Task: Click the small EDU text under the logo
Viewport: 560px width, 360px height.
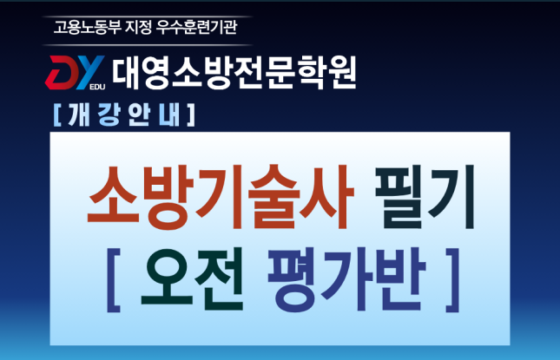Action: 97,87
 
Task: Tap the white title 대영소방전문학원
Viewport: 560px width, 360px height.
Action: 234,73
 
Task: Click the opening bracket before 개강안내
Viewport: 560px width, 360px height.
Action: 57,115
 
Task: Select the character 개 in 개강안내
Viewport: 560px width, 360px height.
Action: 78,115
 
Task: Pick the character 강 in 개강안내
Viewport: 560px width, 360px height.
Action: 109,115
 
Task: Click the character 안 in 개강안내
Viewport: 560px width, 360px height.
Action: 138,115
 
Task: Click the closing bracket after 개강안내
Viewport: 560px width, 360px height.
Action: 191,115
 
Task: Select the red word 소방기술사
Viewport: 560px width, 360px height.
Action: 221,197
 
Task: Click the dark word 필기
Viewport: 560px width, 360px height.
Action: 425,197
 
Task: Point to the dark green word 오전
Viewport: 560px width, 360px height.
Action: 193,279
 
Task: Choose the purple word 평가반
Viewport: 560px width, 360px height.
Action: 347,279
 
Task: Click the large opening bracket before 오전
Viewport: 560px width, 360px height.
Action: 114,280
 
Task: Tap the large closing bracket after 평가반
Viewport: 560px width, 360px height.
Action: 452,280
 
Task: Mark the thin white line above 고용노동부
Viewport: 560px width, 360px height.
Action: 147,16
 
